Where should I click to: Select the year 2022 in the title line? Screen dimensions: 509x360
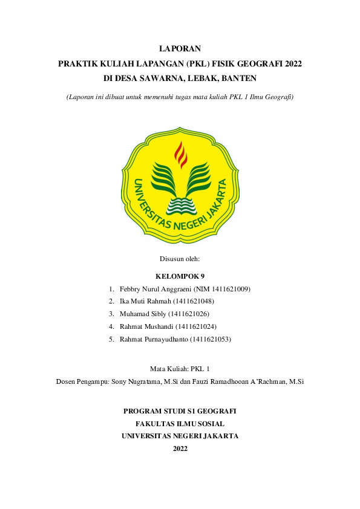(x=292, y=63)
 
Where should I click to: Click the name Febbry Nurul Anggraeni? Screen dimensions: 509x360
(x=155, y=289)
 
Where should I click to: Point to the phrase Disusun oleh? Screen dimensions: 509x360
(x=180, y=259)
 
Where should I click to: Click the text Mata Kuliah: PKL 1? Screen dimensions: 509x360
(x=180, y=368)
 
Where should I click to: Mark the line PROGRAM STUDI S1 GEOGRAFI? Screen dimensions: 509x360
(x=180, y=410)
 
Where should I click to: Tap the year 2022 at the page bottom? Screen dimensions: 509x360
(x=180, y=449)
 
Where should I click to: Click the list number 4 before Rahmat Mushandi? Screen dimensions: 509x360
(x=111, y=326)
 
